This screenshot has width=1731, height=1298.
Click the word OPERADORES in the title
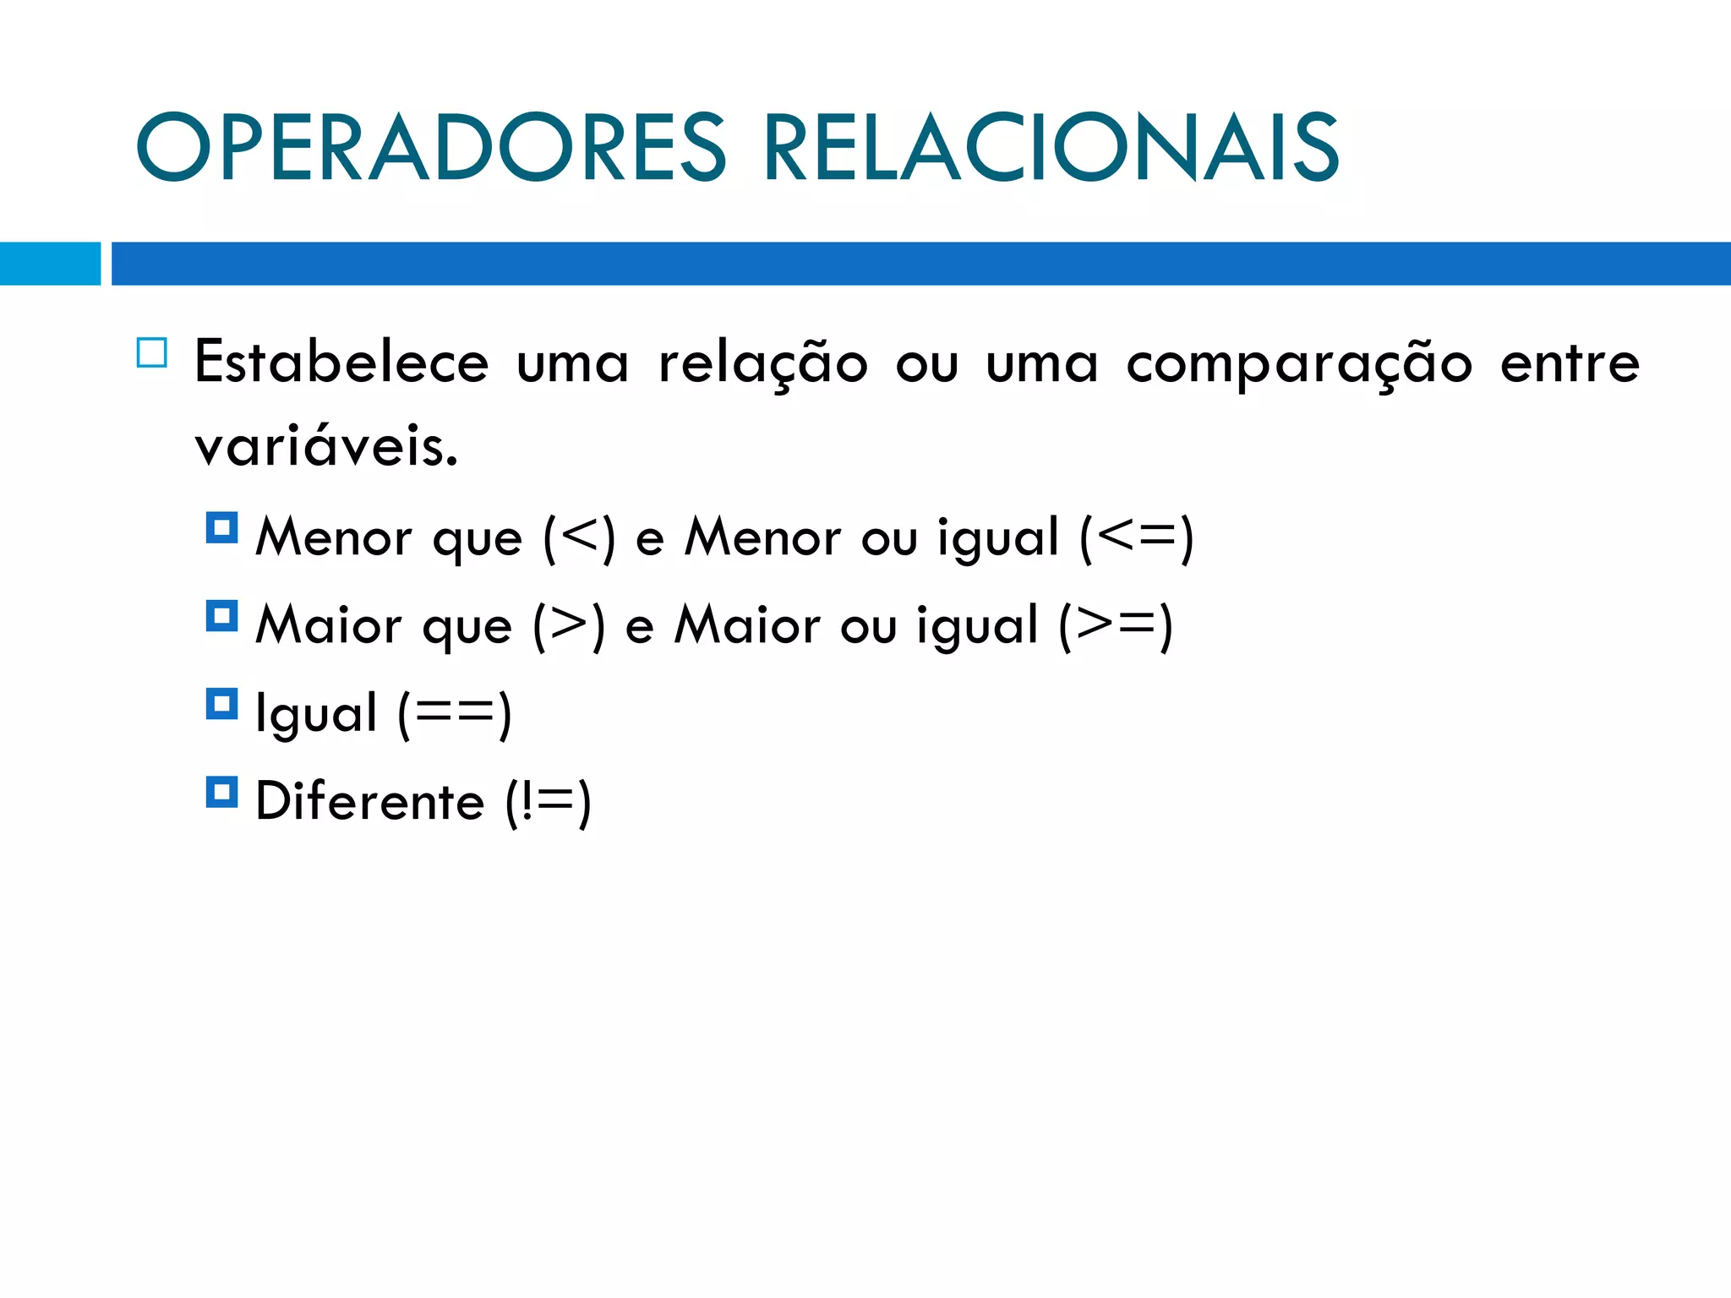(x=431, y=148)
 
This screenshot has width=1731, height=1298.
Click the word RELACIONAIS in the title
(x=1051, y=148)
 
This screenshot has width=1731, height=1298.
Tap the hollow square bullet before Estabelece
(x=152, y=352)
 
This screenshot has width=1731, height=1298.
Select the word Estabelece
(x=341, y=363)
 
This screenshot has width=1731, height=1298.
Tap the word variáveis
(x=326, y=445)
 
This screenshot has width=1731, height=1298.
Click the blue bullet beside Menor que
(x=221, y=528)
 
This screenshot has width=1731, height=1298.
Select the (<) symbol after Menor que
(x=579, y=537)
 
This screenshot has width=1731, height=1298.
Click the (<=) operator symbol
(x=1137, y=537)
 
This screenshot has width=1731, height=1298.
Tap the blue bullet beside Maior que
(x=221, y=616)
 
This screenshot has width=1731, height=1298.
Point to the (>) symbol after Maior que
(x=569, y=625)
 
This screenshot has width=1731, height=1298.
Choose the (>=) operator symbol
(x=1116, y=625)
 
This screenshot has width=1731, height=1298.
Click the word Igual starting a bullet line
(x=316, y=714)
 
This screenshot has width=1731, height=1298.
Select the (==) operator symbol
(x=455, y=714)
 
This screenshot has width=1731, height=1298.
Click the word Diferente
(x=369, y=801)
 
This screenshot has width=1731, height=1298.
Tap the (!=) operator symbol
(x=548, y=802)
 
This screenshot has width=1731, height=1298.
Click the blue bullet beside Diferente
(x=221, y=792)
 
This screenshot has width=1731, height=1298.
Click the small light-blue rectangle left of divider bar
(x=50, y=264)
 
